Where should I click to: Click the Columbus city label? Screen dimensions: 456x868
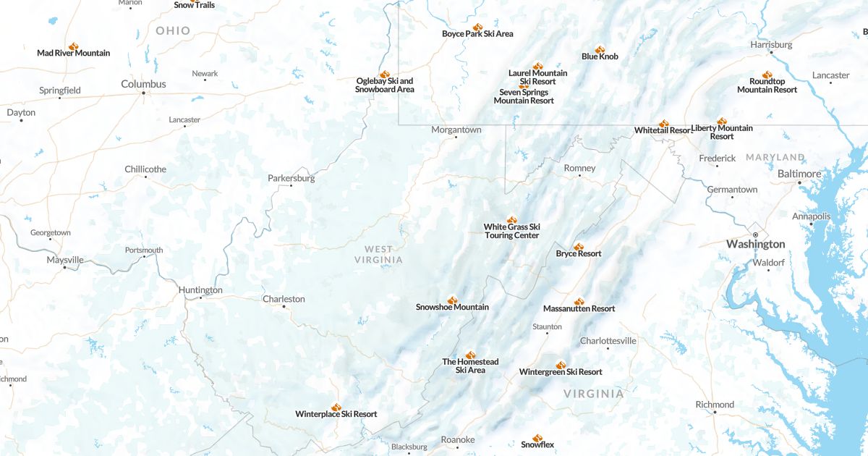(143, 84)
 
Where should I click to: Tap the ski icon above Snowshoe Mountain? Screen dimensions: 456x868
(452, 300)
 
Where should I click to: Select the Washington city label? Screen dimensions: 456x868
(756, 244)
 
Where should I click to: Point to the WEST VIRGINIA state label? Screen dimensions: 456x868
(378, 254)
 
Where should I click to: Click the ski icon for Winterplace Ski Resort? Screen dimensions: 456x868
(336, 408)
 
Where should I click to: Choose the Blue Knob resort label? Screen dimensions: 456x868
(600, 56)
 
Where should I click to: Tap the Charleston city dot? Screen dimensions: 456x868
(284, 306)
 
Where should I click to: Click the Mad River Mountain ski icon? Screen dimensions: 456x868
(73, 46)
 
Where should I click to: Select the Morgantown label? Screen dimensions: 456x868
(456, 130)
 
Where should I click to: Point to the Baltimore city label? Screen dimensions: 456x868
(799, 174)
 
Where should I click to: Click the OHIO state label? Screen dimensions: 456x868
(173, 30)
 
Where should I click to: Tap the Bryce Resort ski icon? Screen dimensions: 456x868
(578, 247)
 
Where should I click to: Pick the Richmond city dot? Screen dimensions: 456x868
(715, 413)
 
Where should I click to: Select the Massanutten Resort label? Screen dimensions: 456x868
(579, 308)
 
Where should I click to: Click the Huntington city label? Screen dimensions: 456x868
(200, 290)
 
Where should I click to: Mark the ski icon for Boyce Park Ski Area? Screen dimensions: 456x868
(477, 28)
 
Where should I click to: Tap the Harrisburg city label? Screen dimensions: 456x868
(771, 44)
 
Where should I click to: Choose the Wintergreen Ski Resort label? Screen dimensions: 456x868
(561, 372)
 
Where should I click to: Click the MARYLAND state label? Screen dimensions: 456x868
(775, 157)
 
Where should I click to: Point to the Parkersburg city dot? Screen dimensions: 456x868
(291, 186)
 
